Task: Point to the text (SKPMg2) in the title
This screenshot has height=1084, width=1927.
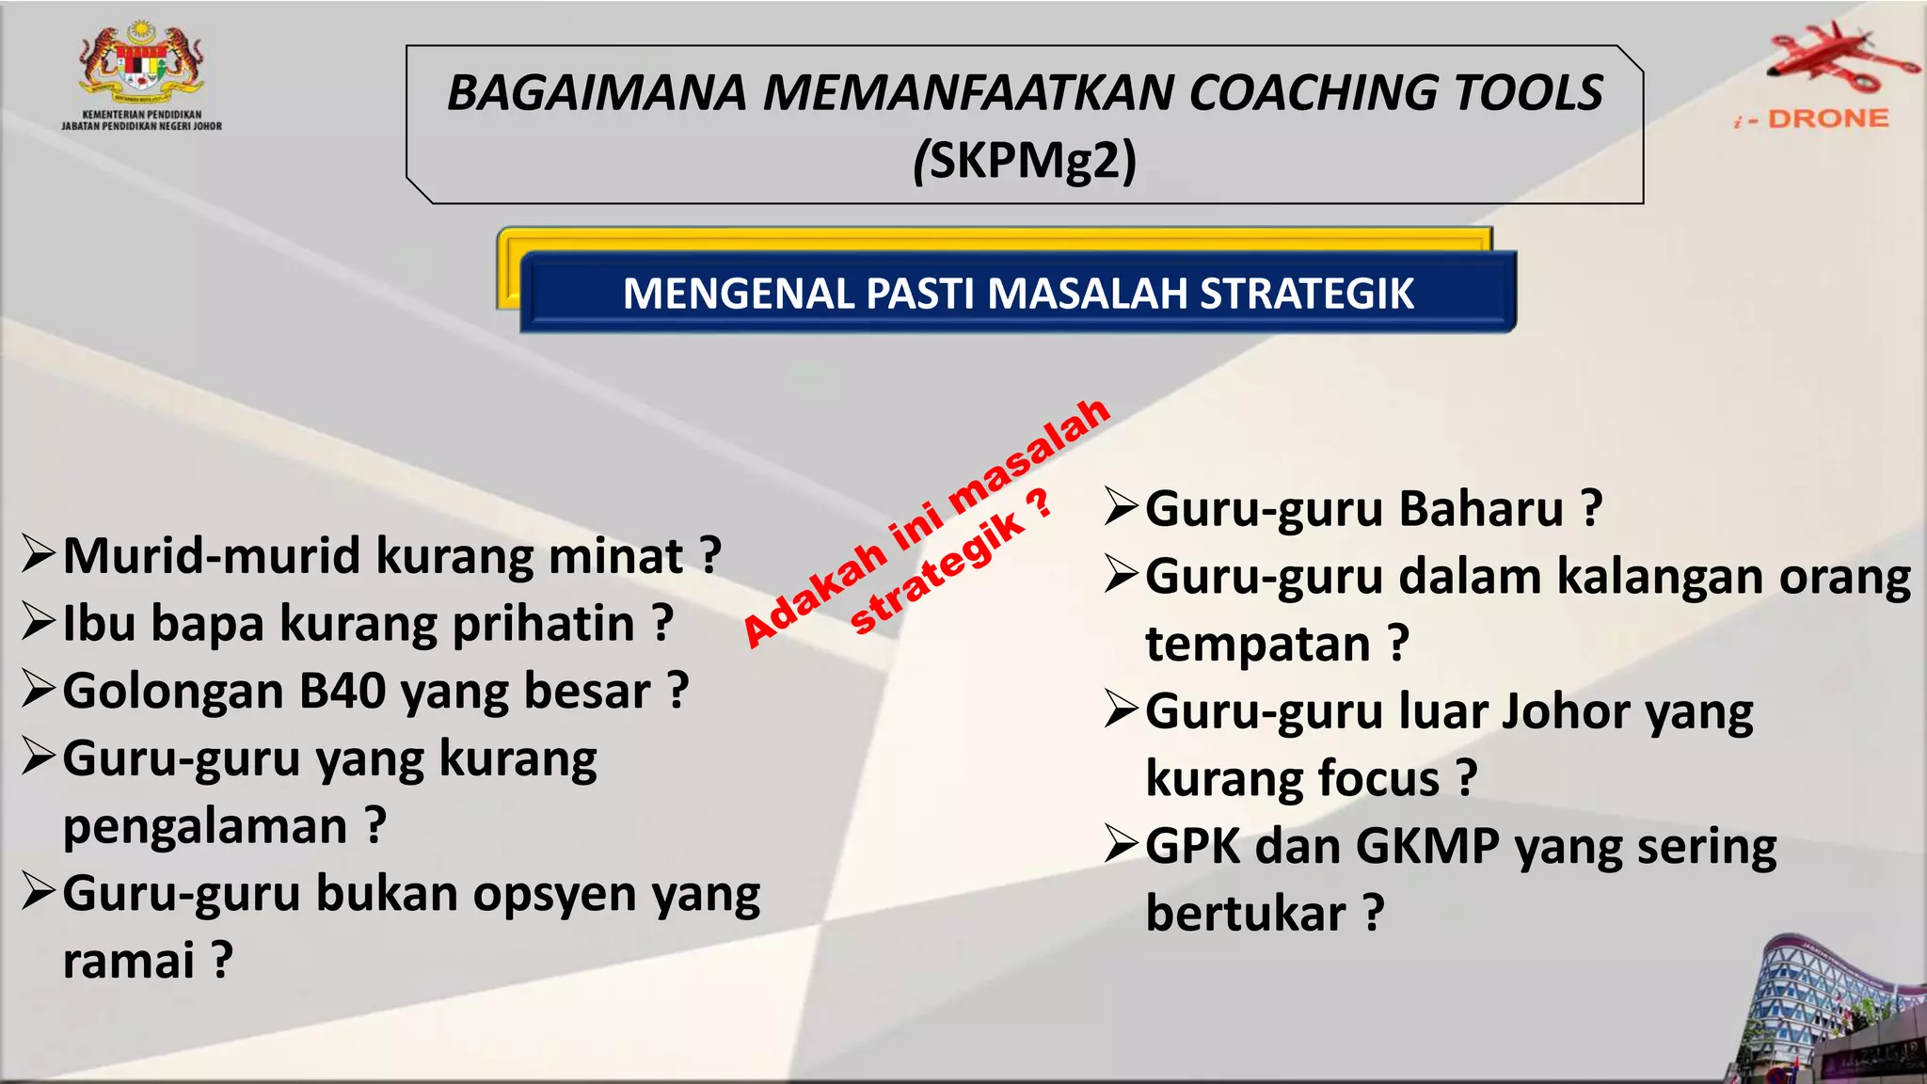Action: coord(1025,161)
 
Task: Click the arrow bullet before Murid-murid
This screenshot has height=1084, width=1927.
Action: coord(40,554)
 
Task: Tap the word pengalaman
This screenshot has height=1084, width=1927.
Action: coord(205,827)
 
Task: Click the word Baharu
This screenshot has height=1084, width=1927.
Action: coord(1481,509)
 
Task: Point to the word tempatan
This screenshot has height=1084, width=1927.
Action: coord(1257,645)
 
